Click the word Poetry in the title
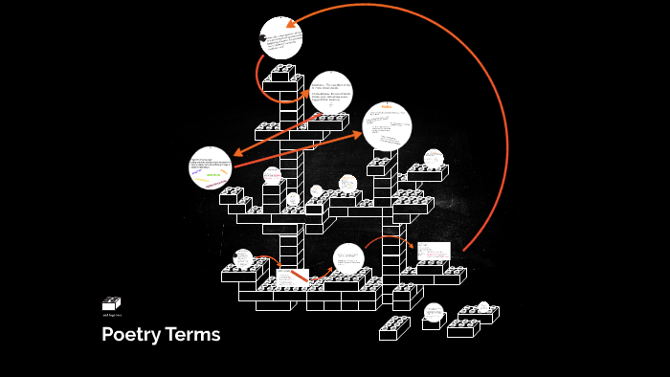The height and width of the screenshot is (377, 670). pyautogui.click(x=131, y=335)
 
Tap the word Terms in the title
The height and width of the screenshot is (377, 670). pyautogui.click(x=192, y=335)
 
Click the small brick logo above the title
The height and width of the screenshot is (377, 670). pyautogui.click(x=111, y=303)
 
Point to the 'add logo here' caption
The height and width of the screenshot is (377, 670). pyautogui.click(x=111, y=315)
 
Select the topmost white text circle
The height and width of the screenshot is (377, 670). pyautogui.click(x=281, y=38)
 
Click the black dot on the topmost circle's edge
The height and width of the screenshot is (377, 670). pyautogui.click(x=262, y=37)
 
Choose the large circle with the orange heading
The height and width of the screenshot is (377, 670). pyautogui.click(x=387, y=126)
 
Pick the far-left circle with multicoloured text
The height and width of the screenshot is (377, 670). pyautogui.click(x=211, y=168)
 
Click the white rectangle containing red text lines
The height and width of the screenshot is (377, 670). pyautogui.click(x=432, y=251)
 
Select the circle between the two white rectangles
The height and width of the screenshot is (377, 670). pyautogui.click(x=348, y=258)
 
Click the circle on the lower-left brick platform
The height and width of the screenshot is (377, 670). pyautogui.click(x=243, y=258)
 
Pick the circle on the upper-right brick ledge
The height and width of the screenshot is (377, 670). pyautogui.click(x=434, y=159)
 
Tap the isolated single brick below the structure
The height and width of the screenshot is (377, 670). pyautogui.click(x=394, y=328)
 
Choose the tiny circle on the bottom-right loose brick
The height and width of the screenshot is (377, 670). pyautogui.click(x=483, y=307)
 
